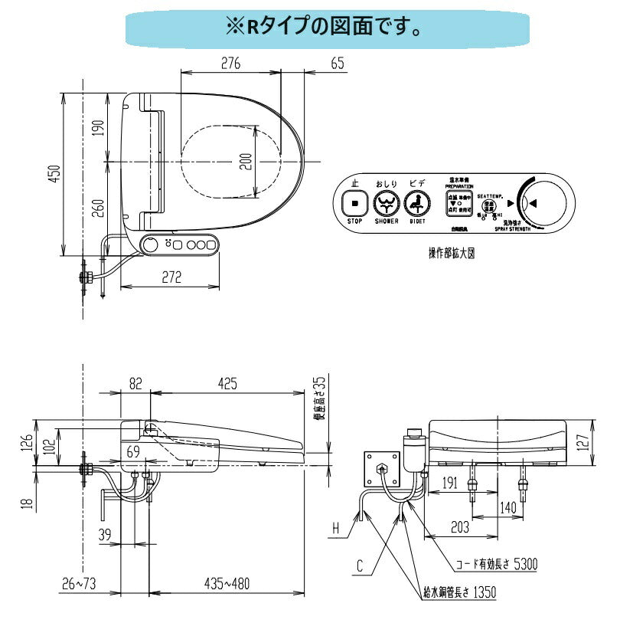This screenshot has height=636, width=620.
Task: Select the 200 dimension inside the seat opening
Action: pos(245,162)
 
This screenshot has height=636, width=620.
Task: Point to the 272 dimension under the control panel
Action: pos(171,277)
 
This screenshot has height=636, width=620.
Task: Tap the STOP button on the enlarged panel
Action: pos(355,204)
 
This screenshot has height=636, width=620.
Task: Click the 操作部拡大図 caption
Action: pos(451,253)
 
